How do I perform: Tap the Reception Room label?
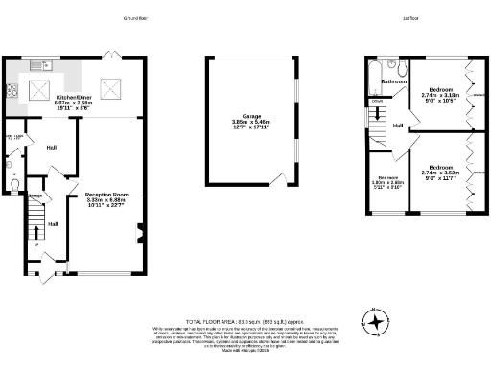pyautogui.click(x=107, y=195)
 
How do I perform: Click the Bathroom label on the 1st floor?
pyautogui.click(x=394, y=82)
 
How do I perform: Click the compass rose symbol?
pyautogui.click(x=376, y=322)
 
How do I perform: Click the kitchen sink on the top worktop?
pyautogui.click(x=40, y=66)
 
